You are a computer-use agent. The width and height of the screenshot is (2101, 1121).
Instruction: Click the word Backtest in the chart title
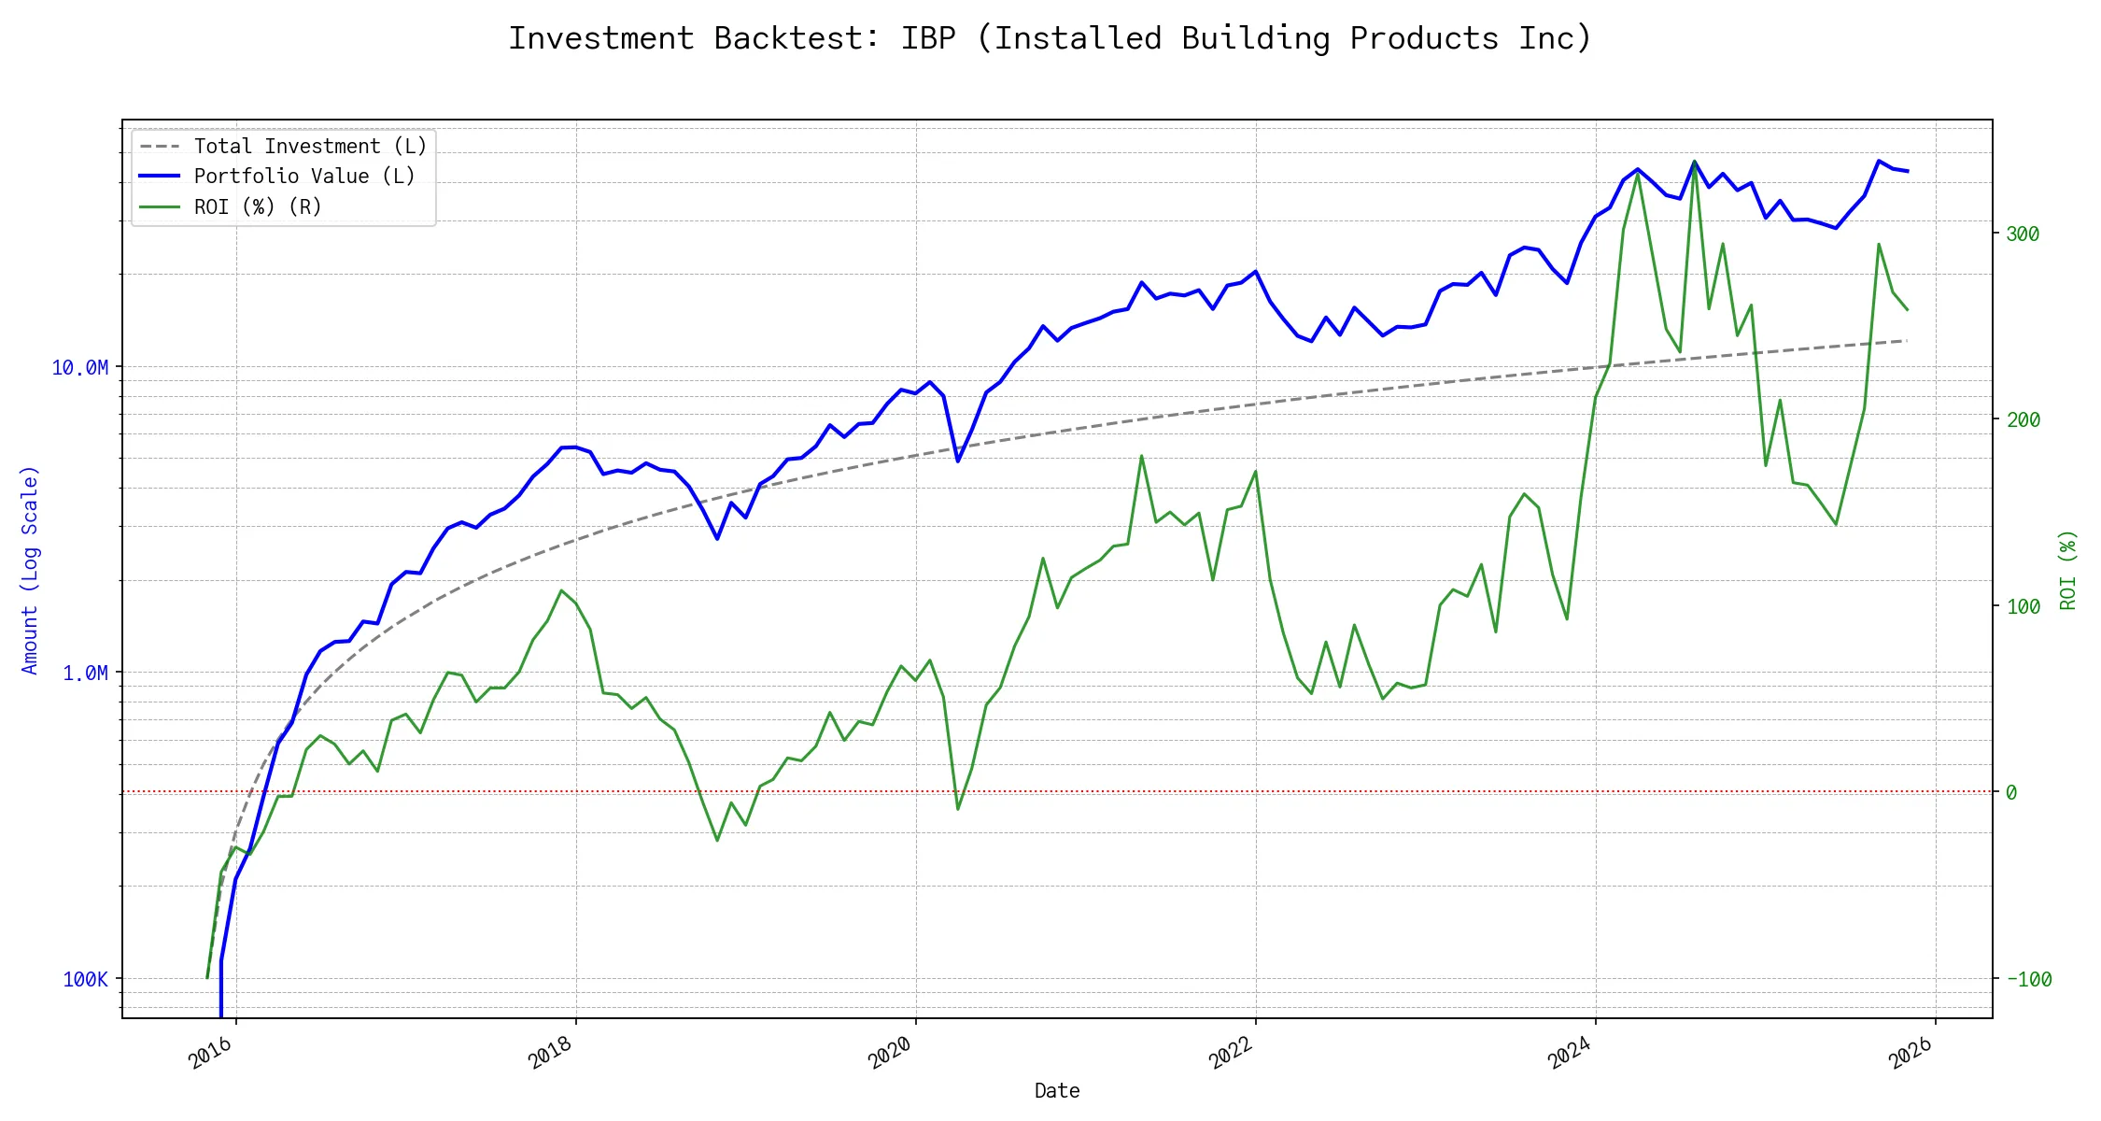[x=796, y=38]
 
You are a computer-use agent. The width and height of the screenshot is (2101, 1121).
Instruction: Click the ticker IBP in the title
[x=928, y=38]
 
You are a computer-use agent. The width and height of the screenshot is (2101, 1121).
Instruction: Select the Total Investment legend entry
[x=309, y=147]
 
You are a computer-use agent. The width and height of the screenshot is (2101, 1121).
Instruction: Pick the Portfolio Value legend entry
[x=303, y=177]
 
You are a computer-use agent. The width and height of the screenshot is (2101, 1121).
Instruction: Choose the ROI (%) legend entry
[x=257, y=206]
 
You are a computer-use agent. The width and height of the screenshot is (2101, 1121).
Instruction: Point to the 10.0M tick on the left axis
[x=80, y=367]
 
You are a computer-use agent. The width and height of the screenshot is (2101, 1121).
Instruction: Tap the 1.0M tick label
[x=85, y=673]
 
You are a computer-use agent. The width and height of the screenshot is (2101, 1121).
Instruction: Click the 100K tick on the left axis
[x=85, y=979]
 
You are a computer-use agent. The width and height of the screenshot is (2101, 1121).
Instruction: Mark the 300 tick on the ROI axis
[x=2023, y=234]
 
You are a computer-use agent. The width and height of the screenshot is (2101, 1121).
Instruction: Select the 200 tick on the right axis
[x=2023, y=419]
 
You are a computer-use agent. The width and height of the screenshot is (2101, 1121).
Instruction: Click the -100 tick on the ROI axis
[x=2028, y=979]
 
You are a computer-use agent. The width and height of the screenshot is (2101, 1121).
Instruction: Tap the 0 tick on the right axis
[x=2011, y=792]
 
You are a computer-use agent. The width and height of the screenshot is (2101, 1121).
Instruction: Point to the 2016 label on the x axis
[x=210, y=1053]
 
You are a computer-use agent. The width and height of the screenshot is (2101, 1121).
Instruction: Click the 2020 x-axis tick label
[x=890, y=1053]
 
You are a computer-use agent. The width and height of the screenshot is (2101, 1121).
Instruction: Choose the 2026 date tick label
[x=1910, y=1053]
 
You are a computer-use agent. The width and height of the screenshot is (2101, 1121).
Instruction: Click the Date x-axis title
[x=1057, y=1090]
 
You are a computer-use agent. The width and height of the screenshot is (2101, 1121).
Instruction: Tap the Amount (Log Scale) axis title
[x=30, y=570]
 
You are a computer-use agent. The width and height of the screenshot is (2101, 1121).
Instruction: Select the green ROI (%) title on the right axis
[x=2068, y=570]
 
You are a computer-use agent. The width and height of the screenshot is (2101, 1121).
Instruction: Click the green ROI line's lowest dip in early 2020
[x=958, y=809]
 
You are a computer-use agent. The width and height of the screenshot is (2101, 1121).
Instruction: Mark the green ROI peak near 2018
[x=561, y=590]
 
